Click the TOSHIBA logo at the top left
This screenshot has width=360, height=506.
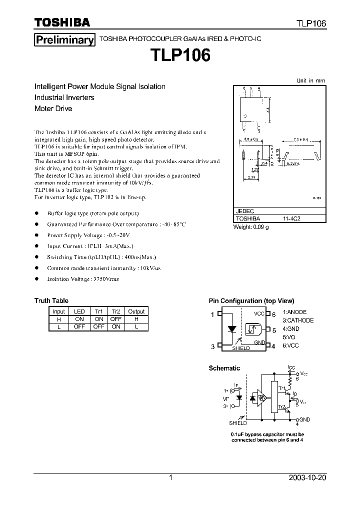coord(62,22)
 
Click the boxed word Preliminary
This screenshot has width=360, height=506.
coord(64,40)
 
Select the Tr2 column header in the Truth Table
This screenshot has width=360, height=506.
coord(116,311)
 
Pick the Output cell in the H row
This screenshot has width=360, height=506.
coord(136,318)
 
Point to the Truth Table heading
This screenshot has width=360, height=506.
coord(51,300)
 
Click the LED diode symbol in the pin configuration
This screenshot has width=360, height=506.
coord(232,329)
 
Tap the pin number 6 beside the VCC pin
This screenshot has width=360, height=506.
coord(274,314)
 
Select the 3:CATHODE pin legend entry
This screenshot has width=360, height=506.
coord(298,320)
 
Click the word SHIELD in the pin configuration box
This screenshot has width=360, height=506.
coord(240,348)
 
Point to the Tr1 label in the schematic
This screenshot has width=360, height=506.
coord(281,388)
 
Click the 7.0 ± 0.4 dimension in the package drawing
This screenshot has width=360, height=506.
coord(300,139)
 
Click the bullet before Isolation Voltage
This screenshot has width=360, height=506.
coord(36,279)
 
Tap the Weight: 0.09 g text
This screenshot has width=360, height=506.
coord(251,226)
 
